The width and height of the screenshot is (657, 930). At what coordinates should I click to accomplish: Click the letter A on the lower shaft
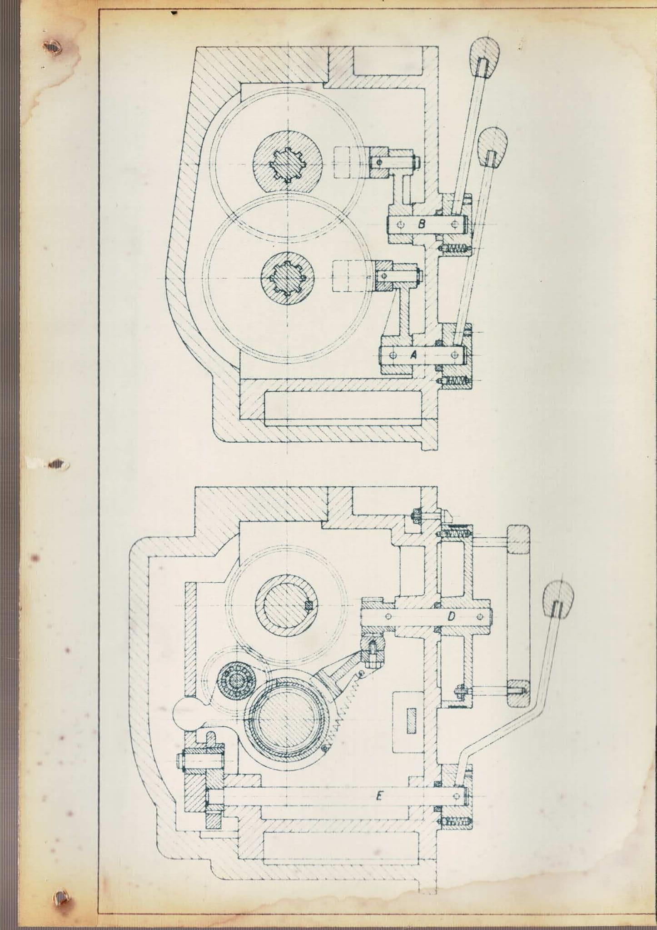[x=413, y=356]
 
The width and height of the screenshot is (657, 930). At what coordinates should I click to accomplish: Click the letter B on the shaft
[x=421, y=224]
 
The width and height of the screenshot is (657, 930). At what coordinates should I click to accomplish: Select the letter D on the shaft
[x=451, y=616]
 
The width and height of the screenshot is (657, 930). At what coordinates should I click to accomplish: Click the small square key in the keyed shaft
[x=309, y=605]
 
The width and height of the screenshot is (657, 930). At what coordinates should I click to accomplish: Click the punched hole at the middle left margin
[x=57, y=465]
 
